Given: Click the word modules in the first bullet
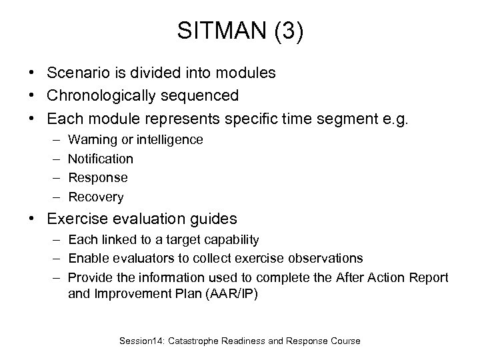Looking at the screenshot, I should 247,73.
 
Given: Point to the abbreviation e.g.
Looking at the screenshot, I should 377,119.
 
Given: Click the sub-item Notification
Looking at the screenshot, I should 101,159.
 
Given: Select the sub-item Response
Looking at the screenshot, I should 98,178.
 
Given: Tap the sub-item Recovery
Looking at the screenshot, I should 96,197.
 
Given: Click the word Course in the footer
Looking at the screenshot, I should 344,341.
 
